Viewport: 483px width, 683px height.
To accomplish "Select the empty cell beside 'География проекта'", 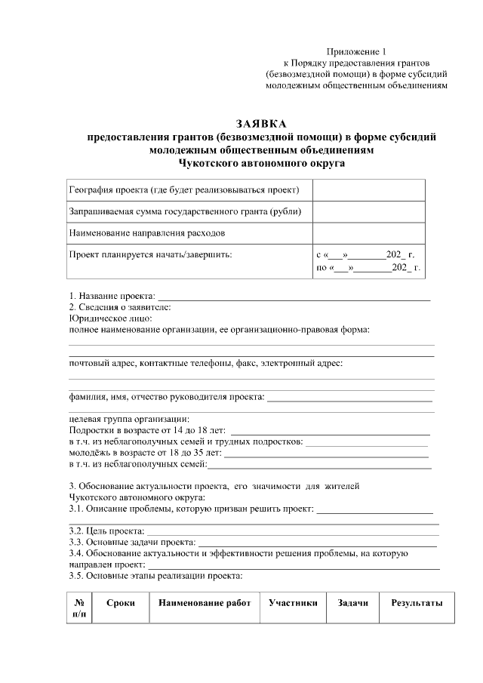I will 368,190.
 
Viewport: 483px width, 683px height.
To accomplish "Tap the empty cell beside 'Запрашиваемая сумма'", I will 368,212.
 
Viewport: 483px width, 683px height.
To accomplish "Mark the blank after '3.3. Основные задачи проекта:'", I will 317,542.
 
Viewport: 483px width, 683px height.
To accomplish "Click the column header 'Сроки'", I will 121,603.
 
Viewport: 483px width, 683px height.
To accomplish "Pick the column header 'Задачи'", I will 352,603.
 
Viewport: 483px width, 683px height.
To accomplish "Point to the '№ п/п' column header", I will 79,609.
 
